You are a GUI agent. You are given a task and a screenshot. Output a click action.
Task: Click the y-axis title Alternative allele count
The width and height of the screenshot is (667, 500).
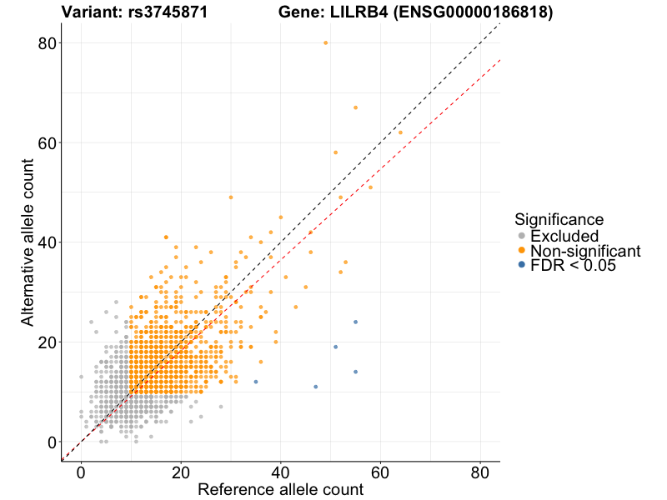click(x=28, y=243)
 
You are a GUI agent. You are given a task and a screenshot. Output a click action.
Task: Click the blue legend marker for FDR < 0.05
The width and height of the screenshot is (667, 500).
click(x=522, y=265)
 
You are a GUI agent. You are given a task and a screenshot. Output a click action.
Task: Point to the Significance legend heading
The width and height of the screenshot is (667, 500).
click(x=559, y=220)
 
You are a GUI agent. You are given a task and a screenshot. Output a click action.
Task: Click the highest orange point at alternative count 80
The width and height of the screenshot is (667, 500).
click(x=325, y=42)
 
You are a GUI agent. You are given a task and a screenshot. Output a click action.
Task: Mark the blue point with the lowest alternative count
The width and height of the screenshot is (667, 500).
click(x=315, y=387)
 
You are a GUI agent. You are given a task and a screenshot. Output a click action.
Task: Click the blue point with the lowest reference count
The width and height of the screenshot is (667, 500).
click(x=255, y=382)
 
